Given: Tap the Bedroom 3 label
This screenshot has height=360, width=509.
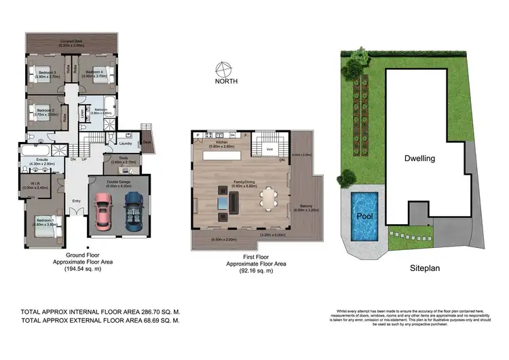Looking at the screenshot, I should pyautogui.click(x=45, y=71).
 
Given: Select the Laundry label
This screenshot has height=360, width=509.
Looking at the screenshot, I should pyautogui.click(x=124, y=143).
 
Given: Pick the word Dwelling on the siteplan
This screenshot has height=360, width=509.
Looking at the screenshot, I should pyautogui.click(x=419, y=158).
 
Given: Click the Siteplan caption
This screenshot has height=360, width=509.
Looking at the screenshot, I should pyautogui.click(x=424, y=268).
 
